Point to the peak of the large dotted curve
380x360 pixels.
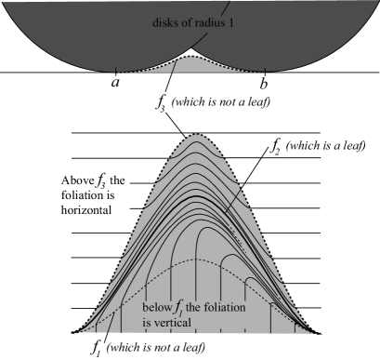[196, 136]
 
